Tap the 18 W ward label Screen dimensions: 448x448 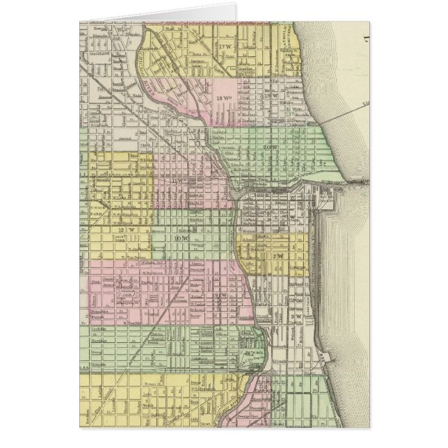click(223, 99)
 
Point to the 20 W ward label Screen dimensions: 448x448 click(270, 147)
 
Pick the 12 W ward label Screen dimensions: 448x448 click(126, 229)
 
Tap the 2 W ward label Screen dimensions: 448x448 click(278, 256)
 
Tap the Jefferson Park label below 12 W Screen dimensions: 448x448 click(120, 243)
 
